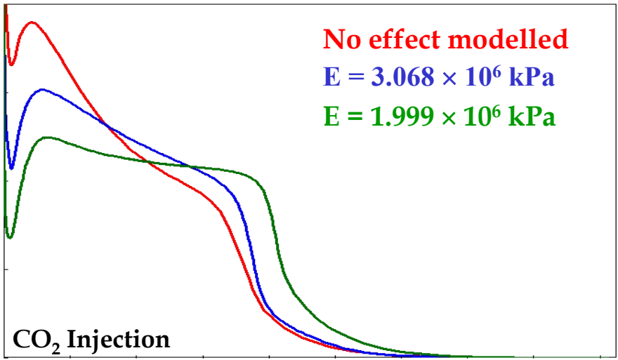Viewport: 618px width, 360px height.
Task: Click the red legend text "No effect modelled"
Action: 445,39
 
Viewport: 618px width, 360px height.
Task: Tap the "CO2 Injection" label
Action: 91,340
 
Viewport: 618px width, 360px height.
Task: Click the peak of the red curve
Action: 32,22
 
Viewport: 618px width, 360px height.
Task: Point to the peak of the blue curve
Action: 42,90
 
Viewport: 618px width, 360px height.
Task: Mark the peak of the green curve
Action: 46,138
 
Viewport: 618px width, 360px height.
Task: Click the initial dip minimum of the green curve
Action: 9,237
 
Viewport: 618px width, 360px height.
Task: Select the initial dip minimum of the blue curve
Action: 11,168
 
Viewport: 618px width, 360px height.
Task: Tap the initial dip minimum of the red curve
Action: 11,65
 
